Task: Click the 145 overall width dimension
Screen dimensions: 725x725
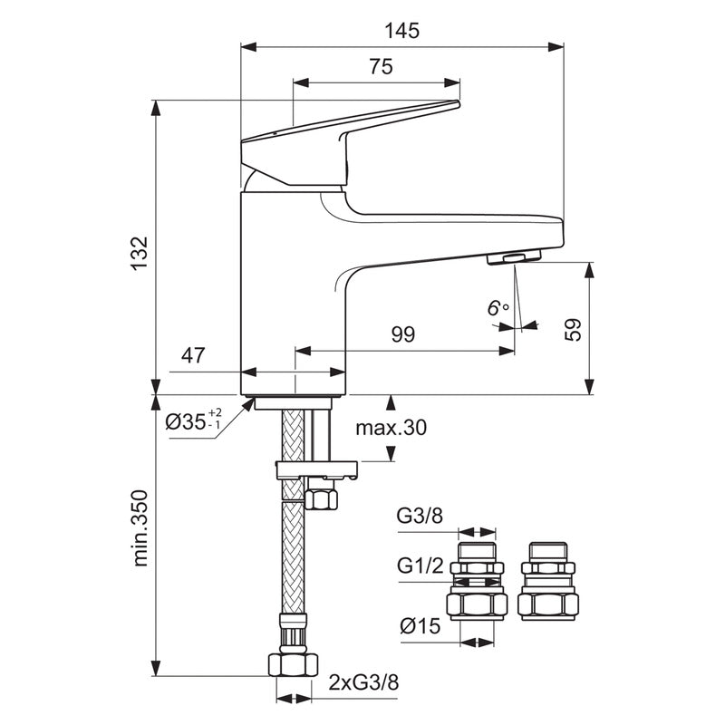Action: (x=401, y=30)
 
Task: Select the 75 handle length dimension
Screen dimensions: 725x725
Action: (x=381, y=66)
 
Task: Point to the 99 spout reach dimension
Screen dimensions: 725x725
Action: (x=403, y=334)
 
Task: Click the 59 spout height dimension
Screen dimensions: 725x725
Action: (x=572, y=328)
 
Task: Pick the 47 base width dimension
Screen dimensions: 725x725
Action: (x=191, y=356)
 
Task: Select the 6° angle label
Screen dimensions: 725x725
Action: (x=498, y=309)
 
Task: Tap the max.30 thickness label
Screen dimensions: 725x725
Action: (x=390, y=428)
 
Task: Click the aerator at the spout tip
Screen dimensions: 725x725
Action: (x=513, y=259)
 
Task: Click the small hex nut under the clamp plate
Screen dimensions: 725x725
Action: (x=321, y=498)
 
